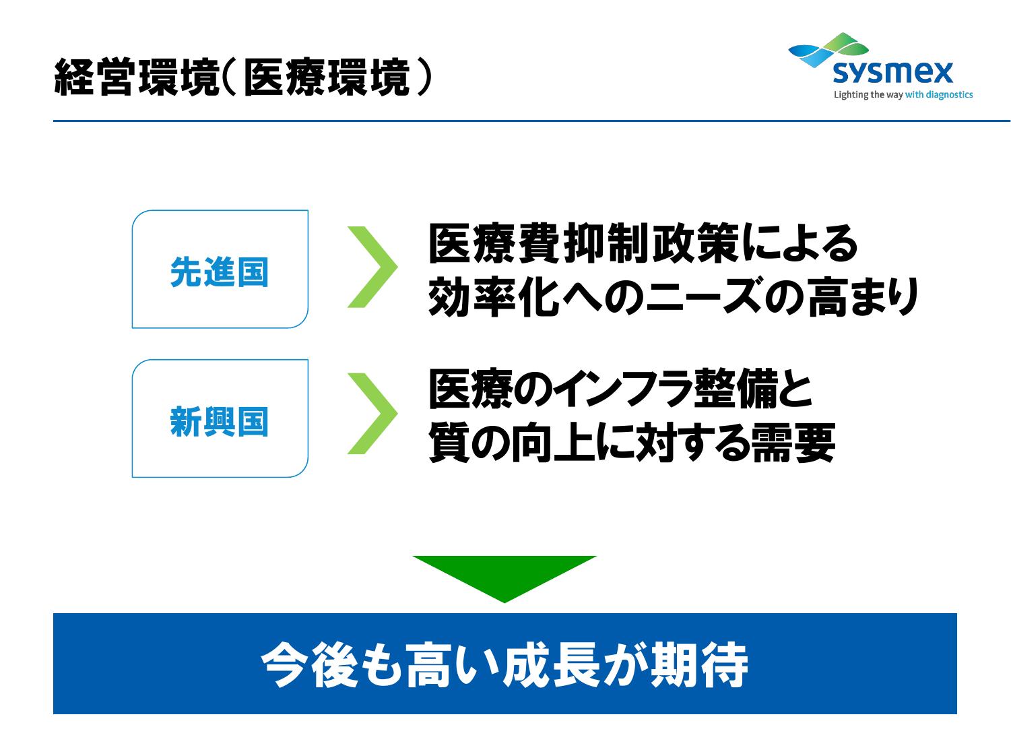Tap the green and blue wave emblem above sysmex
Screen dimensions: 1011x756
pos(828,49)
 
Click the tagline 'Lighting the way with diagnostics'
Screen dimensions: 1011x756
pos(903,95)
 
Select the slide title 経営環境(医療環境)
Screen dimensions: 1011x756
pos(242,77)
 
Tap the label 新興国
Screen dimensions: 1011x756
pos(220,421)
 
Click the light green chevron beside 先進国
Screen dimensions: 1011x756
pos(372,267)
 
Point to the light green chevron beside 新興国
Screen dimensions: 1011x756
pos(372,413)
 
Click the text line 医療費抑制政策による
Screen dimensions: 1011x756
pos(643,243)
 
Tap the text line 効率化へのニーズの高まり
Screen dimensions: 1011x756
pos(674,296)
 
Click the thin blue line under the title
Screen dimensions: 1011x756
pos(532,121)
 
